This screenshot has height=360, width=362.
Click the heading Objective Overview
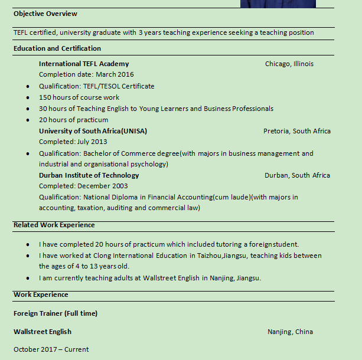click(x=45, y=14)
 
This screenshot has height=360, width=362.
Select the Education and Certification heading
click(x=57, y=48)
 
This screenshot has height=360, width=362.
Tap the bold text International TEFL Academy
click(x=84, y=64)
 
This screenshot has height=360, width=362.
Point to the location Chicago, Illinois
click(x=289, y=64)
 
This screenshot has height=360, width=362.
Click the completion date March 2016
click(x=115, y=74)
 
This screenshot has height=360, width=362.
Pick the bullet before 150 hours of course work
click(x=28, y=97)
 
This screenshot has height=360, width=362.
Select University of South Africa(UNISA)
click(x=93, y=131)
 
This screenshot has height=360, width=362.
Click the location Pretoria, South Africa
click(x=297, y=131)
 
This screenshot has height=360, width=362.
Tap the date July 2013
click(x=93, y=142)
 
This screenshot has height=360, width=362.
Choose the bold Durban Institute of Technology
click(x=89, y=175)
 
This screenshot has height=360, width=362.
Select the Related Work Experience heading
click(x=54, y=225)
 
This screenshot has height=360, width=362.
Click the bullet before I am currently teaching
click(x=28, y=279)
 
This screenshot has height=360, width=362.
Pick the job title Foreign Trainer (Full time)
click(x=56, y=313)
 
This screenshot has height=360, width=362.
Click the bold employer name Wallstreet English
click(x=43, y=332)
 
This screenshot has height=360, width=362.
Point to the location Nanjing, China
click(x=290, y=332)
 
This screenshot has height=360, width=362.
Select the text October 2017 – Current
click(x=51, y=349)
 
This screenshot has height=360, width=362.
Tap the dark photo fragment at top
click(x=278, y=4)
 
